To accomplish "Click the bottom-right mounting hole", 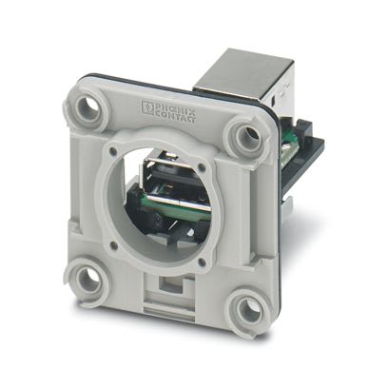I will pyautogui.click(x=248, y=310).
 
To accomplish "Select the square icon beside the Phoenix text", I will pyautogui.click(x=149, y=99).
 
